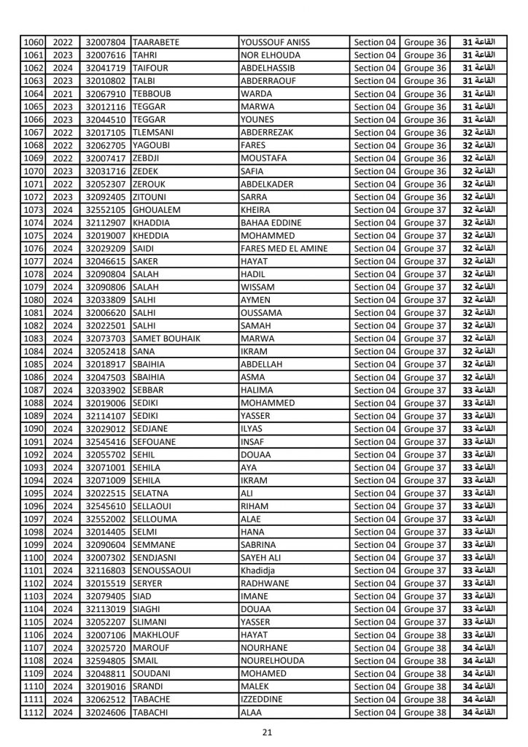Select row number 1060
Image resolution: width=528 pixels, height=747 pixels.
click(x=34, y=42)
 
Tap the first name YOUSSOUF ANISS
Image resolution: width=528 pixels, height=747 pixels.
click(x=275, y=42)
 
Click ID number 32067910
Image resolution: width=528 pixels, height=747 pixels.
click(x=106, y=94)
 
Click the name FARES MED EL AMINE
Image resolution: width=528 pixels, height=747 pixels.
click(x=284, y=249)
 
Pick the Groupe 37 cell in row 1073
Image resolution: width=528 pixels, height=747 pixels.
click(x=425, y=210)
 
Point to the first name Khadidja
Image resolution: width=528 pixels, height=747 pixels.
click(x=261, y=570)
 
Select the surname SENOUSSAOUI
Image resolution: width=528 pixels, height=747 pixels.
click(x=162, y=570)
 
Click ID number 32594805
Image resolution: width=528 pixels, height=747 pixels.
click(x=106, y=661)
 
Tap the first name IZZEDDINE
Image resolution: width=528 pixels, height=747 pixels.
click(x=266, y=700)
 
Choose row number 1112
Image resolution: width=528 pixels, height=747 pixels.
click(x=34, y=713)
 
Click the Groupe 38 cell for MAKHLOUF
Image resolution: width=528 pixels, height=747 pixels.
click(x=425, y=635)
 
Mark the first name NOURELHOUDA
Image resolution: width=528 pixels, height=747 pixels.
click(x=273, y=661)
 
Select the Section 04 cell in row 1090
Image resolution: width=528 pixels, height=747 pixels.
click(x=375, y=429)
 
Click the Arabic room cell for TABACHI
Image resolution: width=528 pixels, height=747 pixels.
click(x=479, y=713)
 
